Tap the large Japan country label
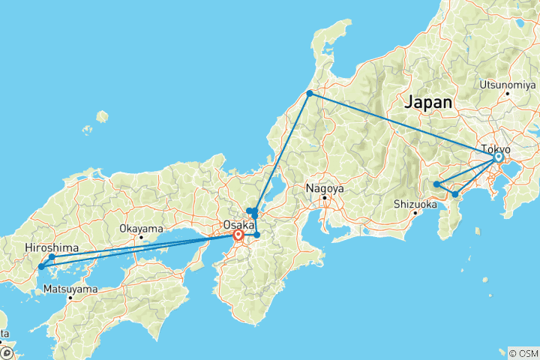[x=428, y=103]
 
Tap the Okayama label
[x=141, y=228]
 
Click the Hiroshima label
[x=49, y=246]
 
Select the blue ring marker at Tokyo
[x=498, y=157]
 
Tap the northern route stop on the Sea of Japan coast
[x=309, y=93]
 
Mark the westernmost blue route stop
[x=41, y=267]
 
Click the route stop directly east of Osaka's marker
[x=257, y=235]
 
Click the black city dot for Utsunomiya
[x=508, y=93]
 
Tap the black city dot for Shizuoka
[x=414, y=213]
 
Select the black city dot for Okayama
[x=140, y=237]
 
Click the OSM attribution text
[x=523, y=352]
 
